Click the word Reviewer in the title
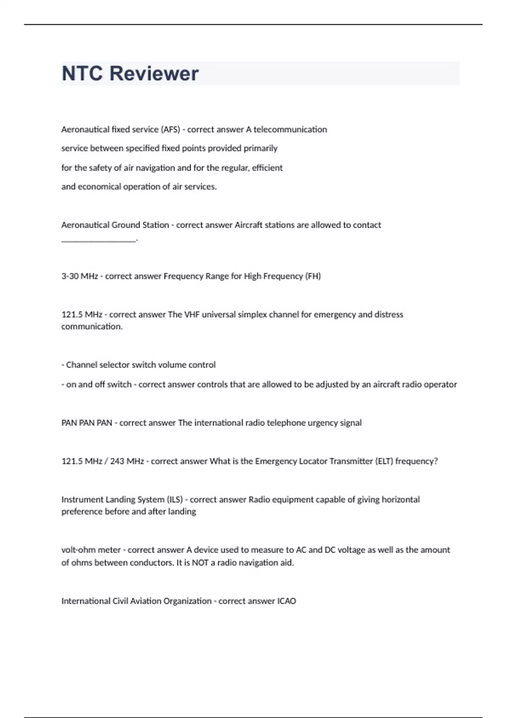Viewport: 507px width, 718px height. pos(154,73)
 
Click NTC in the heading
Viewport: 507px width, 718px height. pos(82,73)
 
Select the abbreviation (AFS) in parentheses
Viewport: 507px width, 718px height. pos(170,129)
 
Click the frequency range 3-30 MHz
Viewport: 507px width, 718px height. pos(79,276)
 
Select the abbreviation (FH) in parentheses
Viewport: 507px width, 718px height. pos(313,276)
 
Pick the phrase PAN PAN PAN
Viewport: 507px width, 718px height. pos(87,423)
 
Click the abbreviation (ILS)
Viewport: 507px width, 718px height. pos(175,500)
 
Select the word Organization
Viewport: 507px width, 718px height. pos(187,601)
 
